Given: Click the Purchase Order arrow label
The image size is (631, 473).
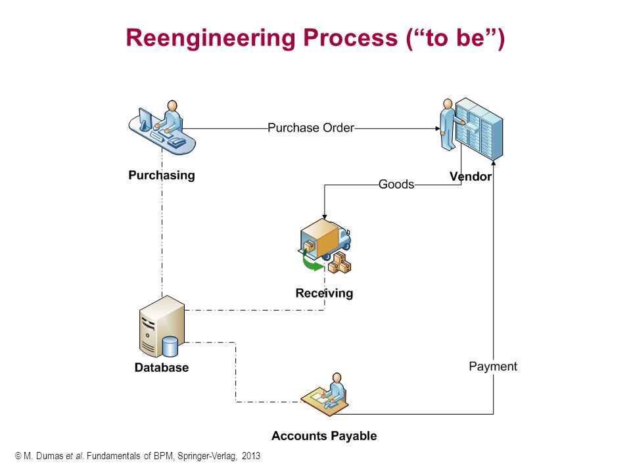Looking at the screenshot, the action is pos(311,128).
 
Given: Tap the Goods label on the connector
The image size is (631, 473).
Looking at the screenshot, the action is pos(396,184).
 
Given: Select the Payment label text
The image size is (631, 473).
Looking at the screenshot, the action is pos(493,367).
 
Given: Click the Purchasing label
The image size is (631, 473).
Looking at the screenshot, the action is pos(162,175).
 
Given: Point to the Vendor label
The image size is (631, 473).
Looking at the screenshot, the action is pos(471,176).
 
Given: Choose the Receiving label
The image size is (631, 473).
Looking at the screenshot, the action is pos(324,293).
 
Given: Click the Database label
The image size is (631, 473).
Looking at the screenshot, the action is pos(162,367).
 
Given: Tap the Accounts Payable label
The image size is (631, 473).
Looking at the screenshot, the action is pos(324,436).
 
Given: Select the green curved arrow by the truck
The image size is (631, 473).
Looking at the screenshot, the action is pos(312,262).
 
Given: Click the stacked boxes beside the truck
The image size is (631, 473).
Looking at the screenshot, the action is pos(340,263).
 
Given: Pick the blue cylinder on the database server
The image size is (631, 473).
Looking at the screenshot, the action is pos(170,346).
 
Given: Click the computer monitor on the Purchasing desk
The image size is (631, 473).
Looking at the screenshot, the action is pos(145,119).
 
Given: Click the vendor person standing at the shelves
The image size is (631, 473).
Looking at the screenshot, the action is pos(448,124).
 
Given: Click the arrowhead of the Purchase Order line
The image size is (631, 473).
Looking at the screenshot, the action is pos(438,129).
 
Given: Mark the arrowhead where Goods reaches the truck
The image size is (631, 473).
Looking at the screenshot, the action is pos(324,217).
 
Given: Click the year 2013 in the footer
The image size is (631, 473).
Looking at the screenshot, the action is pos(251,456).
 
